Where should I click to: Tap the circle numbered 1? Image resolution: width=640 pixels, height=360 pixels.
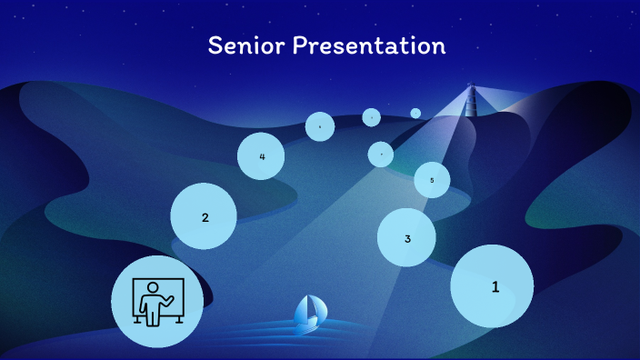[x=492, y=286]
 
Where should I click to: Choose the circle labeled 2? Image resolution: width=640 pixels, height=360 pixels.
[x=204, y=216]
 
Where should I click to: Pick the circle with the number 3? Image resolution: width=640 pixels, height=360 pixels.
[x=406, y=237]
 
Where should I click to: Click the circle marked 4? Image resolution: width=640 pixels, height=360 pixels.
[x=261, y=156]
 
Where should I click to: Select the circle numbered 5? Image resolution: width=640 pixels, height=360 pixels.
[x=432, y=180]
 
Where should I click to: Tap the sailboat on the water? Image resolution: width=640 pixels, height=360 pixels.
[x=307, y=314]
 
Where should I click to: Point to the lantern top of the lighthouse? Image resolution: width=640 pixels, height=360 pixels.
[x=471, y=87]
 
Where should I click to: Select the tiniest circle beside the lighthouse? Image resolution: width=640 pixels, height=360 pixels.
[x=415, y=114]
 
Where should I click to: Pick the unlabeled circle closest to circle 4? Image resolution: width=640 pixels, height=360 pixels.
[x=320, y=126]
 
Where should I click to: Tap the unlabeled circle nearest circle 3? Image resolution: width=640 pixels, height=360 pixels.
[x=381, y=155]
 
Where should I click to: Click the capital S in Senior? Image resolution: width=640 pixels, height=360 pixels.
[x=215, y=45]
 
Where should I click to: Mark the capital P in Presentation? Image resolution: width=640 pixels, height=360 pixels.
[x=299, y=45]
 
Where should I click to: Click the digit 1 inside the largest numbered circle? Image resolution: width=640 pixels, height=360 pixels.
[x=495, y=286]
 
